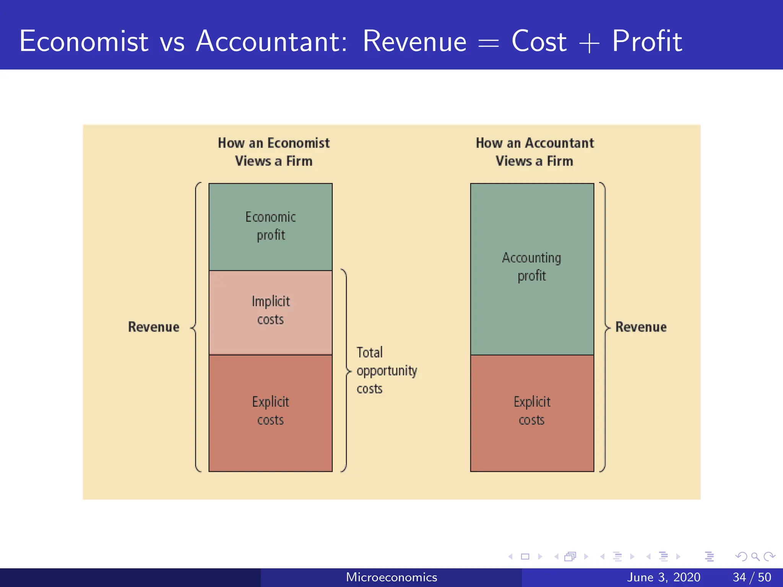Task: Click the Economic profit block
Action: [x=270, y=227]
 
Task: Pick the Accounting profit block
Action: [x=532, y=268]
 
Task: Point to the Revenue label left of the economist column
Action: [x=154, y=327]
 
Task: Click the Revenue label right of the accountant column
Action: [x=641, y=327]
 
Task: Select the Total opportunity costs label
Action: [x=386, y=370]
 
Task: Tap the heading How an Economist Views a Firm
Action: [x=274, y=152]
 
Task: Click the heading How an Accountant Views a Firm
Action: [x=534, y=152]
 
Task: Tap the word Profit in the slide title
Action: [x=647, y=41]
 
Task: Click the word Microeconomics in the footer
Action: [x=391, y=577]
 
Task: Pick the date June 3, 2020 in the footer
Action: [x=663, y=577]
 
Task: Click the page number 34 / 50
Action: [x=752, y=577]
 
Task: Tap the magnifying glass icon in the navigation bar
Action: [x=755, y=556]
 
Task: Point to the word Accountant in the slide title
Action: [x=271, y=41]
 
